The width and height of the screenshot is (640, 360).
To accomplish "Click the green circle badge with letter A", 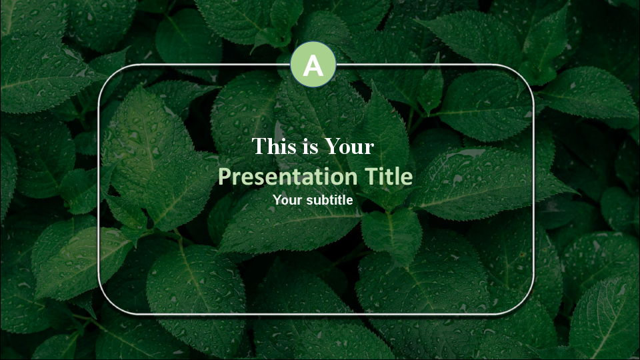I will click(313, 65).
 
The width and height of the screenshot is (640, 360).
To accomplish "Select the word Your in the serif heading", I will click(350, 147).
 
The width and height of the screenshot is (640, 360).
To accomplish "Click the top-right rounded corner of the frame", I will click(525, 74).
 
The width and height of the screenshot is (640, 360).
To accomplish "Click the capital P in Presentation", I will click(225, 177).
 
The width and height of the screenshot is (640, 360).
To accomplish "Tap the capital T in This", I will click(257, 147).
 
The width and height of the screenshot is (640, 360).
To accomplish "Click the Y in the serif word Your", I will click(332, 147).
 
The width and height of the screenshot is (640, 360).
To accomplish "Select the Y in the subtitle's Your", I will click(277, 199).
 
